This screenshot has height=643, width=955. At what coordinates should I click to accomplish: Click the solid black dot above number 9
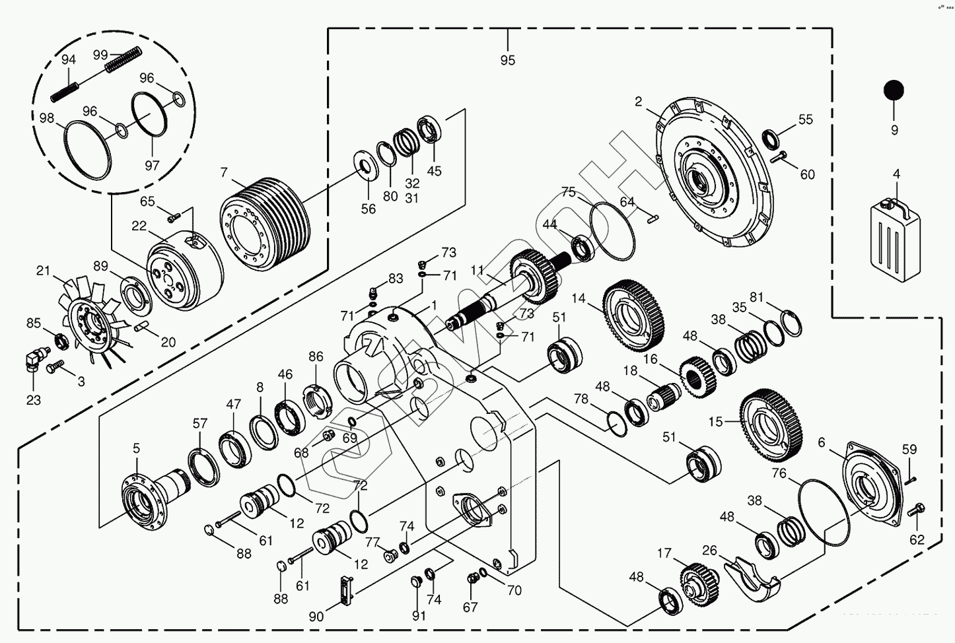[x=894, y=90]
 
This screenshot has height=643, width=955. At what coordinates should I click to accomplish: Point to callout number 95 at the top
[x=507, y=60]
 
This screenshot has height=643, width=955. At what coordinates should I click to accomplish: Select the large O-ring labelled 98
[x=88, y=148]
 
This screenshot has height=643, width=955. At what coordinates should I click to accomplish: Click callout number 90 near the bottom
[x=316, y=617]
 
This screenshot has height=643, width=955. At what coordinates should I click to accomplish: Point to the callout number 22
[x=139, y=226]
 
